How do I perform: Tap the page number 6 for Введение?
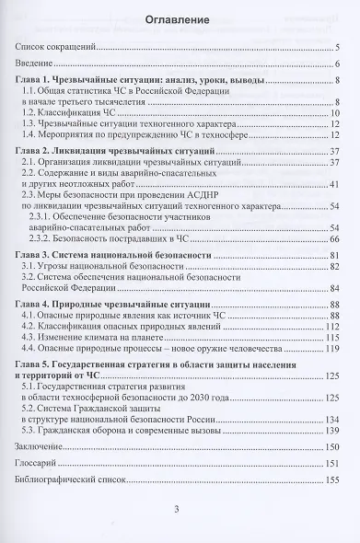338,64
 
